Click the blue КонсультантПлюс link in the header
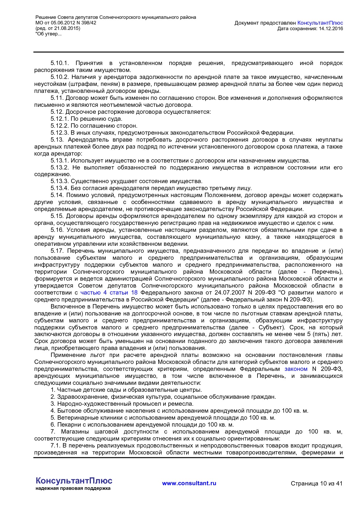[x=320, y=23]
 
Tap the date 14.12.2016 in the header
[x=331, y=28]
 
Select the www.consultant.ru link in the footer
[x=189, y=483]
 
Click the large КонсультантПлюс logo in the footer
[x=74, y=481]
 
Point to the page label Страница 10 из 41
[x=316, y=483]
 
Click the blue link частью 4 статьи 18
[x=109, y=293]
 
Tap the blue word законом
[x=296, y=369]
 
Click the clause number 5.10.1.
[x=59, y=63]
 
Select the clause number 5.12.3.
[x=60, y=133]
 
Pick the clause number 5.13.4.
[x=60, y=188]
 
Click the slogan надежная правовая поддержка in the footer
[x=73, y=488]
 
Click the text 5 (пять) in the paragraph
[x=324, y=334]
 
